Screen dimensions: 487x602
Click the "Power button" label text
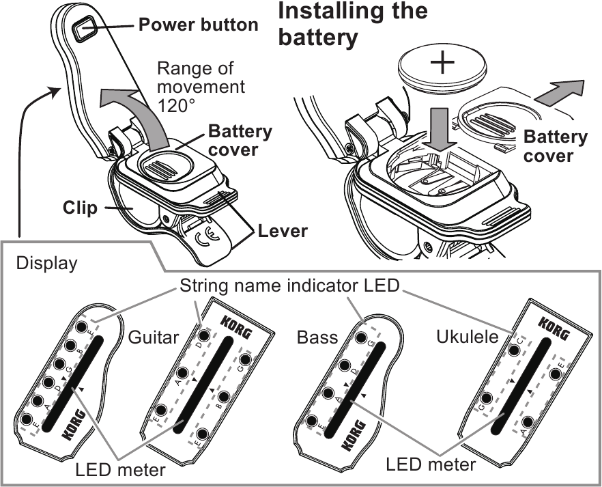199,26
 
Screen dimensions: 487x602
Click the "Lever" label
283,231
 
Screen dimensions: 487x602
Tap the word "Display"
46,263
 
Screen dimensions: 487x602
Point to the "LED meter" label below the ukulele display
430,465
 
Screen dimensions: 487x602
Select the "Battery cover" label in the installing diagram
555,145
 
